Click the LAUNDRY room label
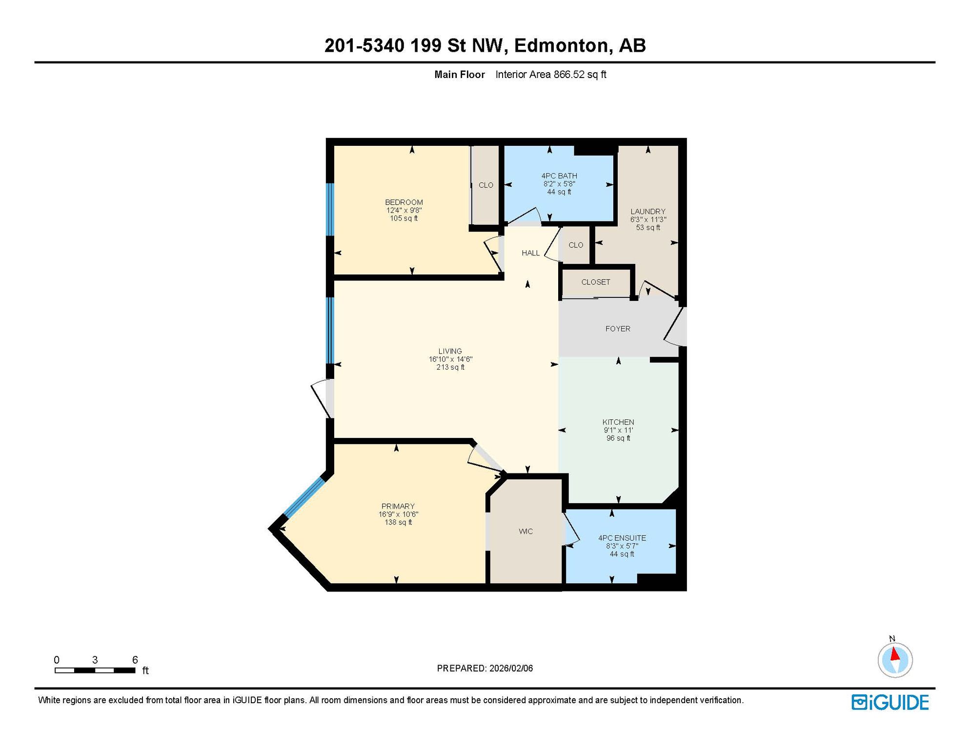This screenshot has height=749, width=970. (648, 212)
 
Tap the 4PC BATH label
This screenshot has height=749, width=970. (559, 176)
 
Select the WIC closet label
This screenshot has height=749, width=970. (526, 532)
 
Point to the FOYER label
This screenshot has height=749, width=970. (618, 329)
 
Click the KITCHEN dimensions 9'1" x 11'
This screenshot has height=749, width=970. (618, 430)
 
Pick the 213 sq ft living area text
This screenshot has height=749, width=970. (450, 367)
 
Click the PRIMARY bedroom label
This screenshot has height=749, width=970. (398, 506)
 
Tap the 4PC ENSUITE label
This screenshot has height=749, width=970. (622, 538)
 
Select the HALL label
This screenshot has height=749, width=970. (531, 253)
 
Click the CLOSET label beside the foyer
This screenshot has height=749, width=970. (596, 282)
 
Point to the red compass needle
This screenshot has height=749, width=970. (895, 653)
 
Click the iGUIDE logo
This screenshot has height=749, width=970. (890, 703)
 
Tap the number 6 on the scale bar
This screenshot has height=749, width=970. (135, 660)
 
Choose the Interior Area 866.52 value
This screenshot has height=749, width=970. (569, 75)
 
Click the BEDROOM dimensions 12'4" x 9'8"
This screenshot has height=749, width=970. (404, 210)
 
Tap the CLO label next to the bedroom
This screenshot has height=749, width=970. (486, 185)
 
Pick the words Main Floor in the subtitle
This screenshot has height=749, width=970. (460, 75)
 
